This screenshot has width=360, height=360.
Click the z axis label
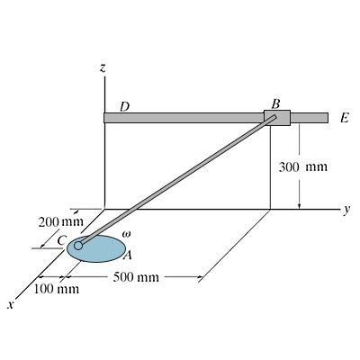tap(103, 68)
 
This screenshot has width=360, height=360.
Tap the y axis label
tap(346, 210)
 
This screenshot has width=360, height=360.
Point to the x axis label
tap(11, 305)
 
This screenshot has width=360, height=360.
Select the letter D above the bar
tap(124, 106)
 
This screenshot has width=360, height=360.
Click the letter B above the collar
tap(275, 104)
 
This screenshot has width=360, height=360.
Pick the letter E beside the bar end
tap(345, 119)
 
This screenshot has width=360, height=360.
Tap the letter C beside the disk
tap(62, 240)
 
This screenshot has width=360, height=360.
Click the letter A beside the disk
tap(128, 255)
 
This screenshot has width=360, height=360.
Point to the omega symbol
tap(126, 233)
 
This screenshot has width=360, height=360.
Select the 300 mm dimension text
tap(303, 166)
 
